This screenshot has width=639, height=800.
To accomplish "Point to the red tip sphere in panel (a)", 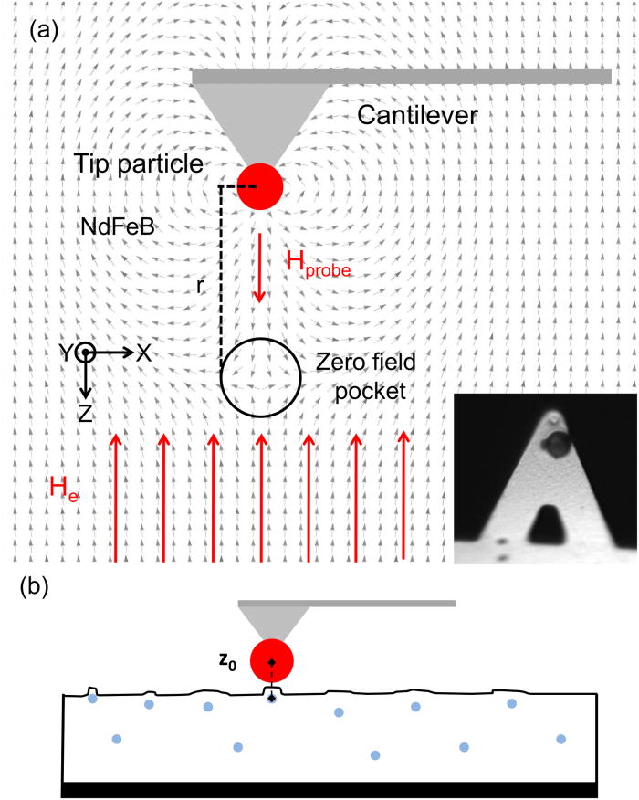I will [x=260, y=187].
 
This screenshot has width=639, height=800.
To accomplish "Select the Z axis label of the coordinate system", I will [x=85, y=414].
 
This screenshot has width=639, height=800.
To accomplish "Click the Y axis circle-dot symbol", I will [x=84, y=353].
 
